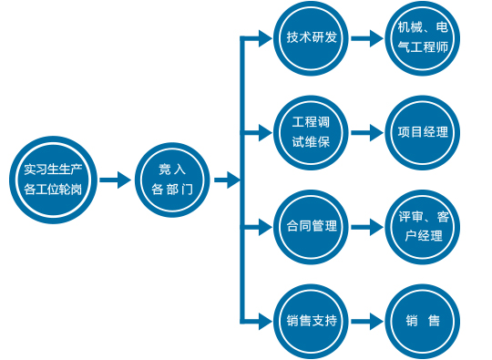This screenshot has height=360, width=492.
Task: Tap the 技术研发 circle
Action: (312, 39)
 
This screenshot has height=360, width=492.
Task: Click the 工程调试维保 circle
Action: (312, 131)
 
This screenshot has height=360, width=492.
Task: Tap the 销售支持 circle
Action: (312, 321)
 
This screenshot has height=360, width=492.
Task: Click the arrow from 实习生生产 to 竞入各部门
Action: (115, 180)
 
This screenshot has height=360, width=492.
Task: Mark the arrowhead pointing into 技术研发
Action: (265, 39)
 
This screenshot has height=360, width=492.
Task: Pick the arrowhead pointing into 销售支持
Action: (265, 321)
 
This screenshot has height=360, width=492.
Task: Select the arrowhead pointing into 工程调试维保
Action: (265, 131)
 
